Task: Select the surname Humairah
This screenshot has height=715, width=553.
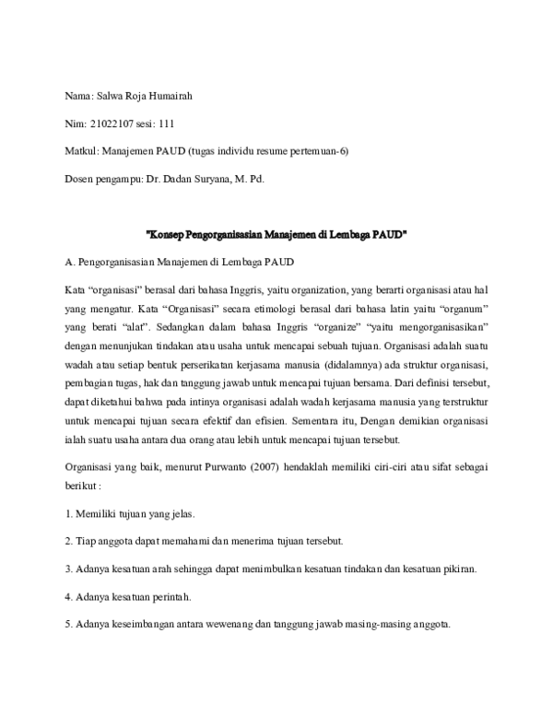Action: click(x=170, y=96)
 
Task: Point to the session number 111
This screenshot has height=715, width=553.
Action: click(x=166, y=123)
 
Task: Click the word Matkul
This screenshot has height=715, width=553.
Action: click(x=79, y=151)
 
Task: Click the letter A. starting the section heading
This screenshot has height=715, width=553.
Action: click(x=69, y=262)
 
